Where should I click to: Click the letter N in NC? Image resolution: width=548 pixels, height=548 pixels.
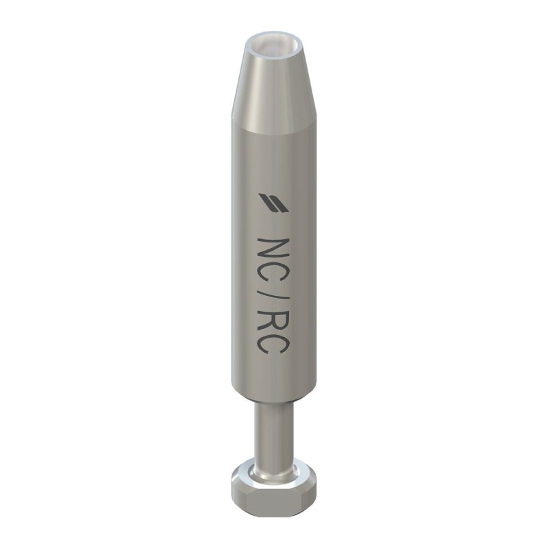pyautogui.click(x=273, y=250)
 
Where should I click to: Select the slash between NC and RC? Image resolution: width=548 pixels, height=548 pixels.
pyautogui.click(x=273, y=301)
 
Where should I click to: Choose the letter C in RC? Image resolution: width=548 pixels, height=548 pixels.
pyautogui.click(x=273, y=355)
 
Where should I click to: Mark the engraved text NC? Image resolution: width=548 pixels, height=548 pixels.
pyautogui.click(x=273, y=264)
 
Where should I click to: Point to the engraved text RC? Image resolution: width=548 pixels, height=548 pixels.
pyautogui.click(x=273, y=340)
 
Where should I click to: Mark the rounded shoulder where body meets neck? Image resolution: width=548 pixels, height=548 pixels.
pyautogui.click(x=272, y=404)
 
